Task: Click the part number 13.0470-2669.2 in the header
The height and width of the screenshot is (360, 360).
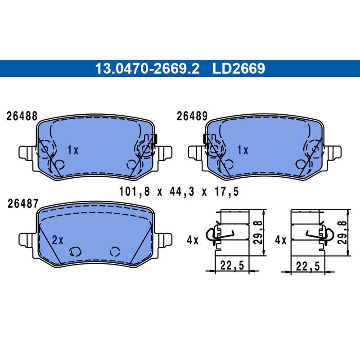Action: point(147,68)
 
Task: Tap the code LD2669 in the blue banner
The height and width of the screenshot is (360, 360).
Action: point(239,68)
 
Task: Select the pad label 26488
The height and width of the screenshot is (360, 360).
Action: point(22,116)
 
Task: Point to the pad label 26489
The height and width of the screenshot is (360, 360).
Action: point(192,116)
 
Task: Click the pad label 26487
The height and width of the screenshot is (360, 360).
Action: point(23,203)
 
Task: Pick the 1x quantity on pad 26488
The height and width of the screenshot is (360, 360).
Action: point(73,150)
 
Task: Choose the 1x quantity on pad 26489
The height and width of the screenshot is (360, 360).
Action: point(243,150)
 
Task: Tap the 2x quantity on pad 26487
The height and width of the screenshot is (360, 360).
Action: point(58,240)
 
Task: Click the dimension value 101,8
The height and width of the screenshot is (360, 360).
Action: point(134,192)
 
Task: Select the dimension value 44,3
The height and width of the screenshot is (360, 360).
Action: point(182,192)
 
